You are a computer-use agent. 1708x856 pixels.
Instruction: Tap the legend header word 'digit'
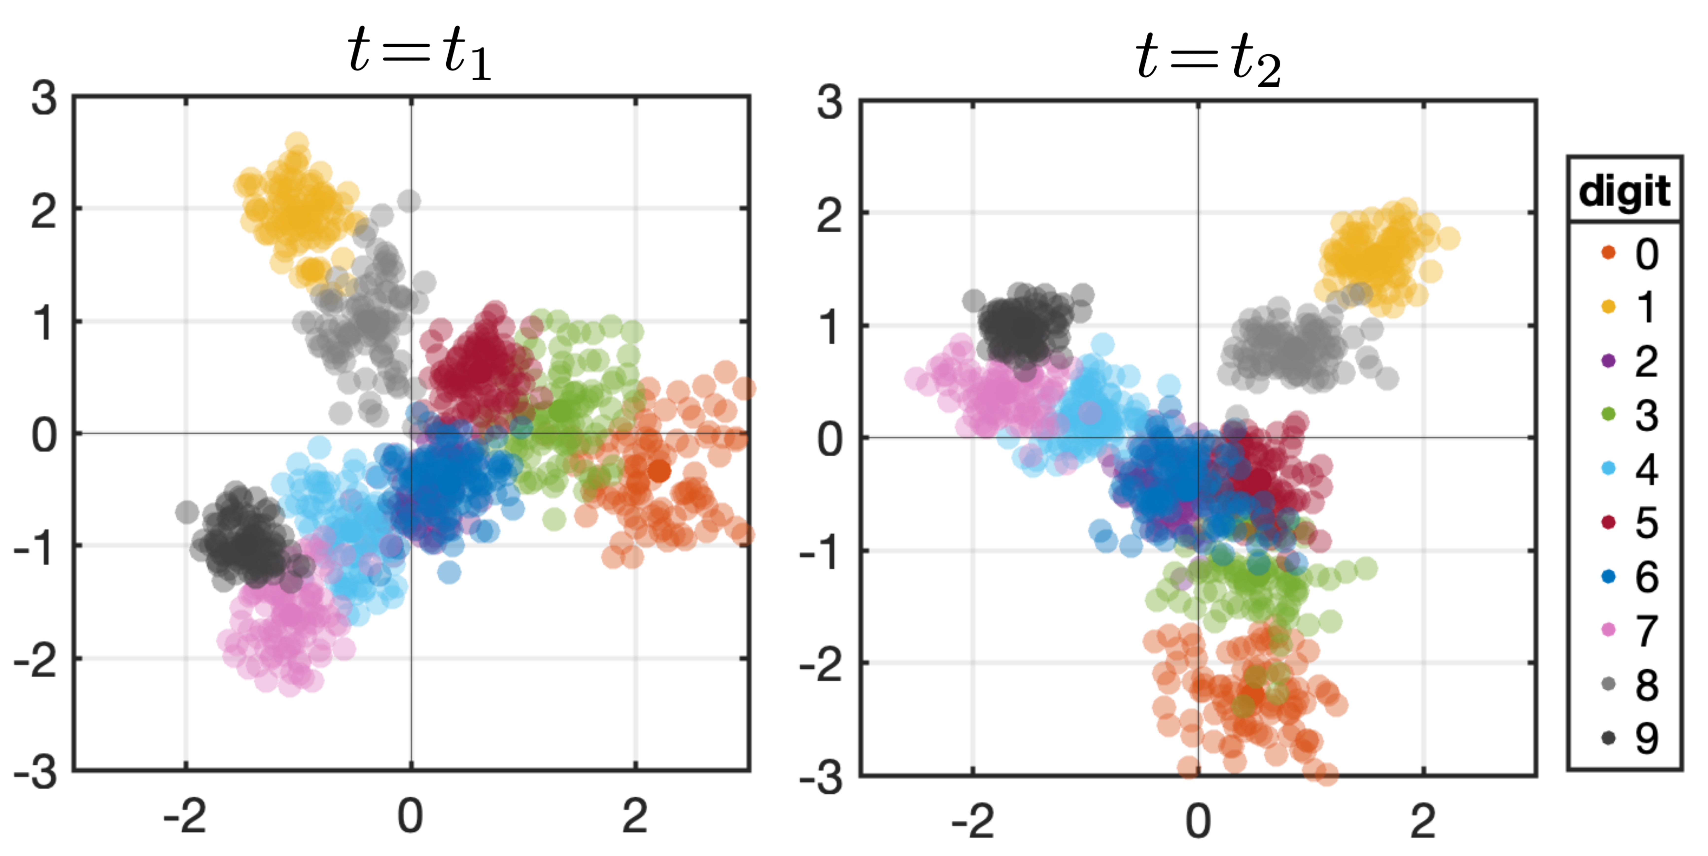(1624, 192)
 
